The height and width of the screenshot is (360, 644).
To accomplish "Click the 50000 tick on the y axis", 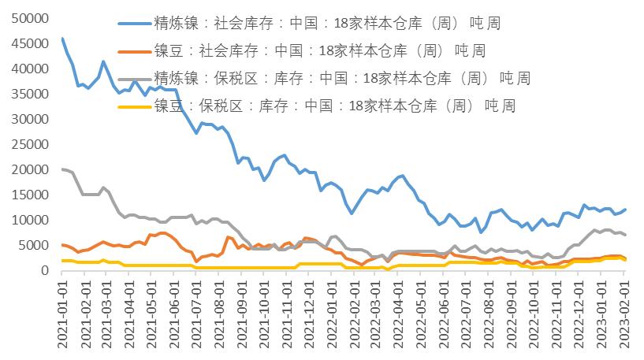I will [x=30, y=18].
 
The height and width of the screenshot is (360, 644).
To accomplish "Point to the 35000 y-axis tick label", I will [x=30, y=94].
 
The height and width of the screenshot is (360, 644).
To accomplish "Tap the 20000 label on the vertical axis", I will [x=30, y=169].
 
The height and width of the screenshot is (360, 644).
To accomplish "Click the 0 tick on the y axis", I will [x=45, y=270].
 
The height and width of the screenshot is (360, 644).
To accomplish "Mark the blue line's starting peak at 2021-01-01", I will [x=62, y=39].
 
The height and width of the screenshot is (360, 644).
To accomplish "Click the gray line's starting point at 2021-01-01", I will [x=62, y=169].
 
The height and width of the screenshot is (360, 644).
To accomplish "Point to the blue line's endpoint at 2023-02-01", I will [x=625, y=210].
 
